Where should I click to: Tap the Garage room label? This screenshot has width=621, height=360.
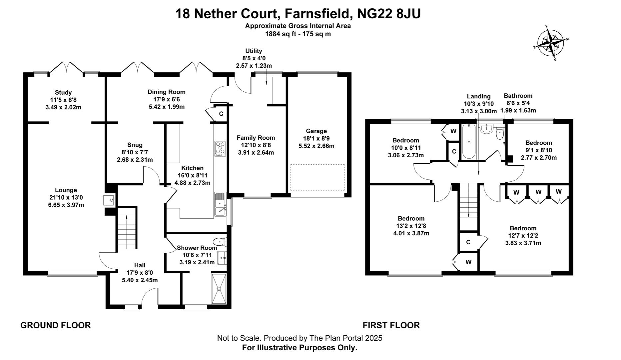coord(316,131)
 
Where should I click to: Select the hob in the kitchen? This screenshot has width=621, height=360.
coord(220,149)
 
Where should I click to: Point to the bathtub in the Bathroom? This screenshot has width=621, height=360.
coord(469,142)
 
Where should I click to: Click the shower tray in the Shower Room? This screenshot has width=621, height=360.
coord(219,289)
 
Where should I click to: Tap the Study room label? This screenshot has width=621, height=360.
coord(63,92)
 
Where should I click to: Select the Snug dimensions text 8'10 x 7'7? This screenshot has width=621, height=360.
coord(135,152)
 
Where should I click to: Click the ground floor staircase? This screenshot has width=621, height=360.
coord(127,228)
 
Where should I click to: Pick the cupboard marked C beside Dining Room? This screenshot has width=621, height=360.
coord(221,114)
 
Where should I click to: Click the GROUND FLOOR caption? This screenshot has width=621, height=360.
coord(55,325)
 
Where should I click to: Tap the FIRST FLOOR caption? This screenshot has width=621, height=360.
coord(391,325)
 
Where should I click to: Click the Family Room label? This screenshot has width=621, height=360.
coord(256,138)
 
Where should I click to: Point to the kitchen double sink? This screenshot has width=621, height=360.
coord(220,204)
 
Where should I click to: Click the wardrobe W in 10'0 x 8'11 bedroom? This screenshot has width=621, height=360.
coord(453,131)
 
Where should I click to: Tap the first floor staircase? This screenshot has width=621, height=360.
coord(469,201)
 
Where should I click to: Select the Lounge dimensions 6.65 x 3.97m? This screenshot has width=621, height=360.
coord(66,205)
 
